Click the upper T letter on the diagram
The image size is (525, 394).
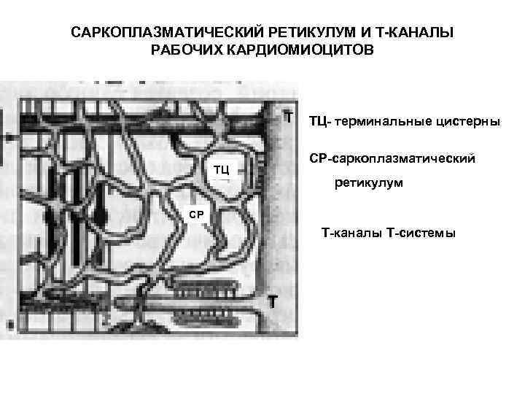click(289, 116)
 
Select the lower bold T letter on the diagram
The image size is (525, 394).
click(271, 301)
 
